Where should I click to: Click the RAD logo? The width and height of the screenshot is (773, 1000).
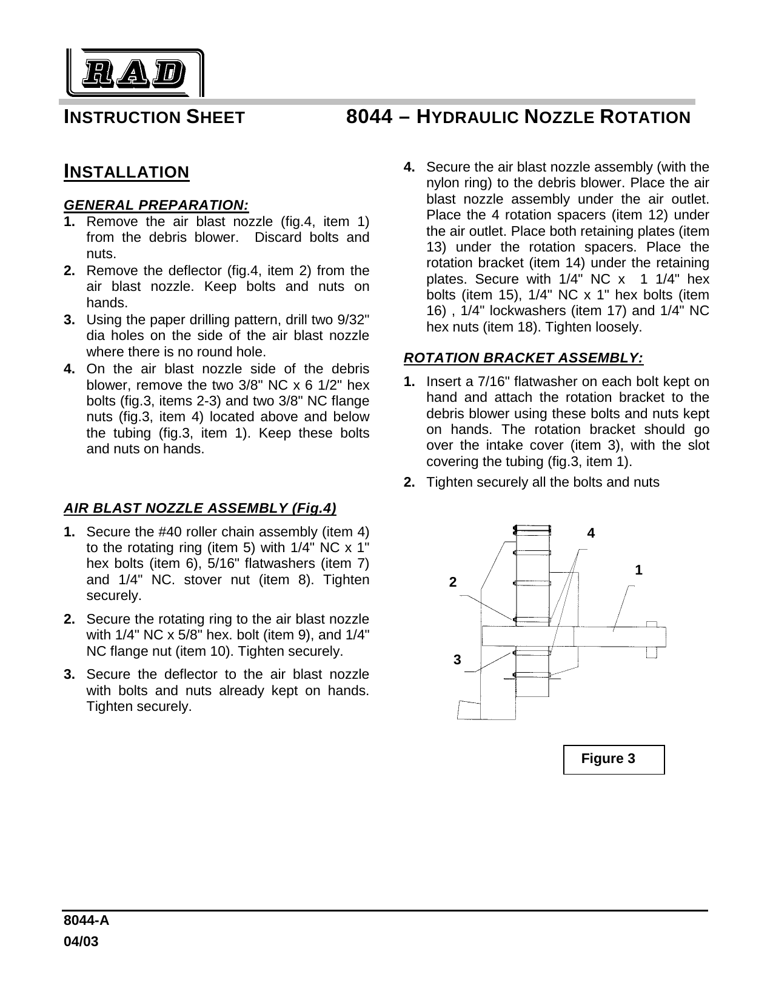pyautogui.click(x=134, y=73)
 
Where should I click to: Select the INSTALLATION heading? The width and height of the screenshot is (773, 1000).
pyautogui.click(x=127, y=172)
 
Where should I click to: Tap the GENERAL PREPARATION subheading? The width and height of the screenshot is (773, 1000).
pyautogui.click(x=156, y=204)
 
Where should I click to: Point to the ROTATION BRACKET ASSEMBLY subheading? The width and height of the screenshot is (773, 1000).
pyautogui.click(x=523, y=358)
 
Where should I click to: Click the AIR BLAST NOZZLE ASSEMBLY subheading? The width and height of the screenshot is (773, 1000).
pyautogui.click(x=200, y=507)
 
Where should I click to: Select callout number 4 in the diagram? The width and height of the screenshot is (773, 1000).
pyautogui.click(x=591, y=533)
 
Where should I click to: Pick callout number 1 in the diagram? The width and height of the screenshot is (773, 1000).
pyautogui.click(x=638, y=570)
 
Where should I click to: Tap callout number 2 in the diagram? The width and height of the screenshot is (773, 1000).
pyautogui.click(x=452, y=582)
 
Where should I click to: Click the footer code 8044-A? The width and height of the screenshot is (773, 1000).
pyautogui.click(x=87, y=921)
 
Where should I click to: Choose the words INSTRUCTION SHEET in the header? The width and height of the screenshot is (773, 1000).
pyautogui.click(x=155, y=117)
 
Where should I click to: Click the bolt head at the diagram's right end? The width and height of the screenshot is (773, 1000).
pyautogui.click(x=652, y=638)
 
